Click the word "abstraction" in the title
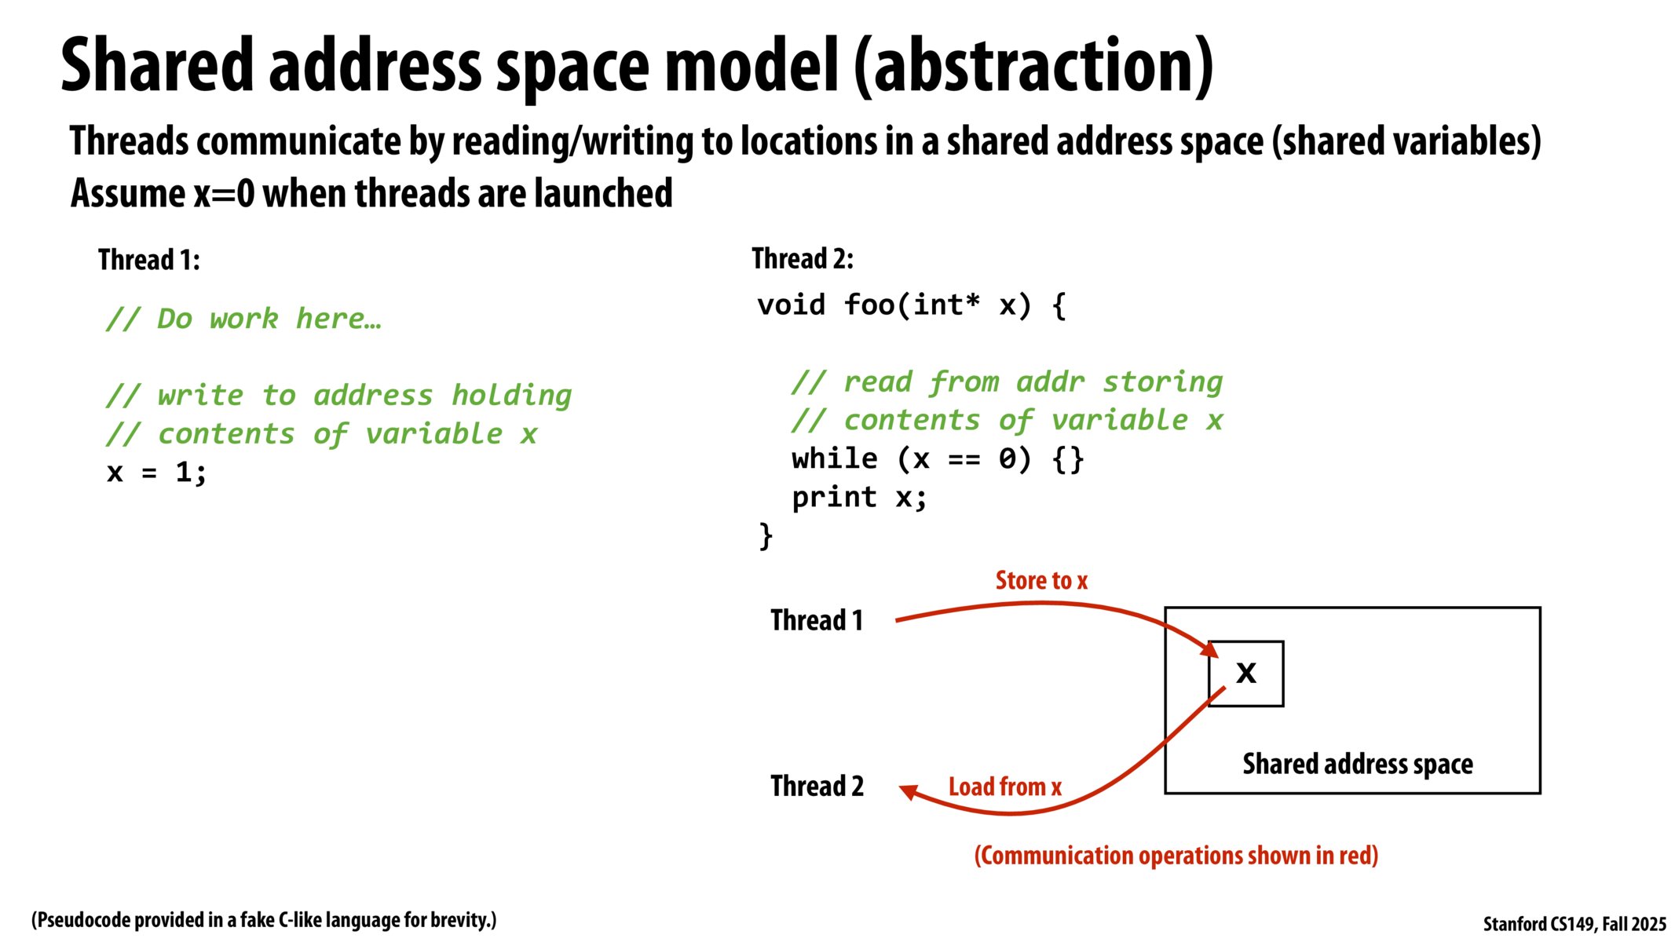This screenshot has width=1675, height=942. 1033,66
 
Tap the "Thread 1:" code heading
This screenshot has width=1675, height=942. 149,260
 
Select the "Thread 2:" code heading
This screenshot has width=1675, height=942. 803,258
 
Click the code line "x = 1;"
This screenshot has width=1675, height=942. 157,473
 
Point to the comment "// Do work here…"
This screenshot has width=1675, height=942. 243,319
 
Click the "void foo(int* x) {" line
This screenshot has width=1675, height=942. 912,305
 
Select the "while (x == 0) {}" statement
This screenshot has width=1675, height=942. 938,458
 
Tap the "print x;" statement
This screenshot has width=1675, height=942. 859,497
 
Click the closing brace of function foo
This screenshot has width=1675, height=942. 766,536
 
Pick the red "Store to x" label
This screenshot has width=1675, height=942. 1041,580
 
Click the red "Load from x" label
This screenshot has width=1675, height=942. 1005,787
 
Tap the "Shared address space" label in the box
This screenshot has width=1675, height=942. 1358,764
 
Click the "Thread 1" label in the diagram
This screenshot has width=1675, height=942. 817,620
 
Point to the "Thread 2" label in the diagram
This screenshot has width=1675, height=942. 817,786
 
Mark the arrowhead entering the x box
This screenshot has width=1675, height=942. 1209,649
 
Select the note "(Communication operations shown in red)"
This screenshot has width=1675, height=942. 1176,855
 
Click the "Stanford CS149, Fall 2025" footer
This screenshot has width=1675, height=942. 1574,924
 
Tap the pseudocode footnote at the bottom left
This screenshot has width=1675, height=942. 264,920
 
